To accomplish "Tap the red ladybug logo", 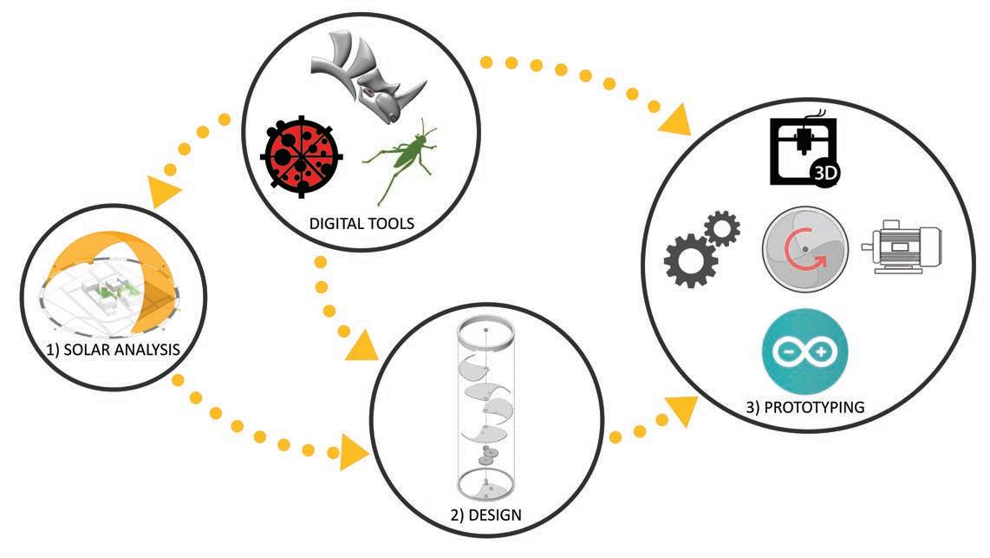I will (x=301, y=156).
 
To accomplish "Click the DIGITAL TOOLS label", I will (x=362, y=224).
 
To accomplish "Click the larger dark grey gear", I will (x=688, y=258).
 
